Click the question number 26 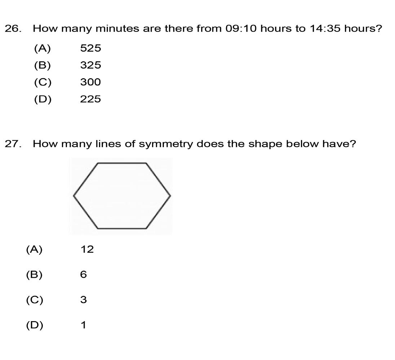12,29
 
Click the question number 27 12,144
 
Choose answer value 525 90,48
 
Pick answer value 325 90,65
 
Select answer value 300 90,82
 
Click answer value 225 90,99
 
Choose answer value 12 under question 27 87,249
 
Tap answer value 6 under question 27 83,275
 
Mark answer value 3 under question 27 83,300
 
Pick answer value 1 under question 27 83,325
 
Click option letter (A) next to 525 43,48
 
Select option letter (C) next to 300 43,82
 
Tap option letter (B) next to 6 34,275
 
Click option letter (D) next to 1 34,325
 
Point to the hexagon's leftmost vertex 74,196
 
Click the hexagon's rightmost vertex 170,196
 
